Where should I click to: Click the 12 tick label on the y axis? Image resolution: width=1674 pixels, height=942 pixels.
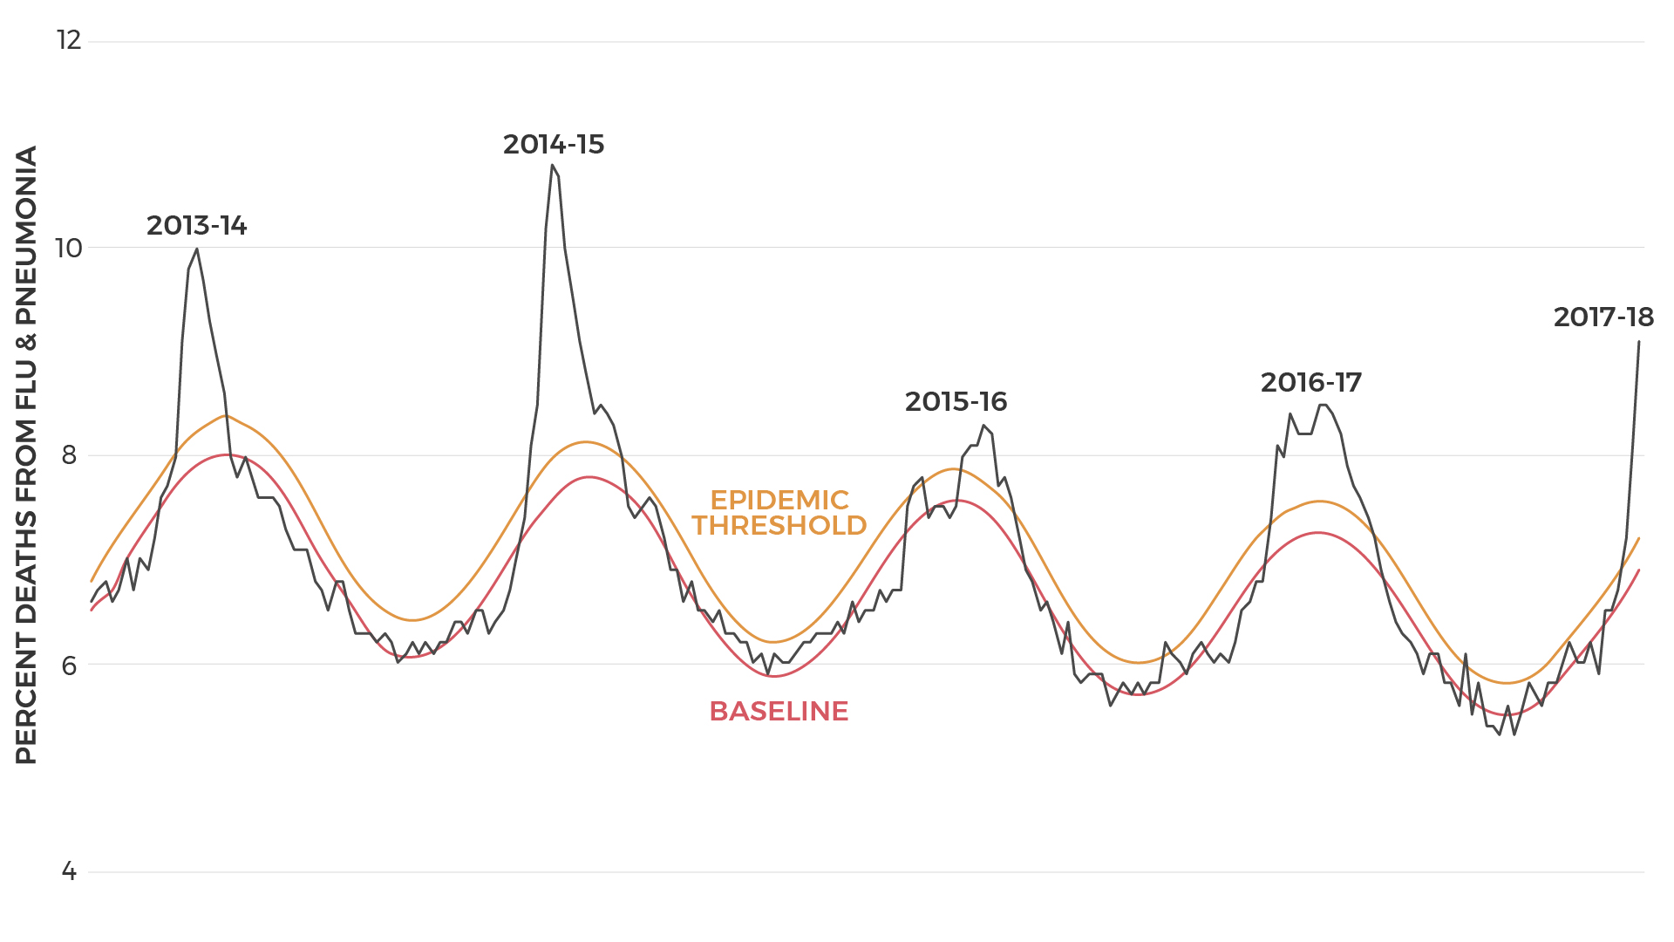tap(69, 40)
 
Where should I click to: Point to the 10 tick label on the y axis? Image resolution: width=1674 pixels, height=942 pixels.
tap(69, 248)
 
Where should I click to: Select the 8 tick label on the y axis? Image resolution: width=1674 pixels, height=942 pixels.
tap(69, 455)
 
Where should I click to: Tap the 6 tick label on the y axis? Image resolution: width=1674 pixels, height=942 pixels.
tap(69, 665)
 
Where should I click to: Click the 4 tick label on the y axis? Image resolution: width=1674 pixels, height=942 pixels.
tap(69, 871)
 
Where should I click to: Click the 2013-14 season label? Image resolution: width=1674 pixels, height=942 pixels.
tap(196, 226)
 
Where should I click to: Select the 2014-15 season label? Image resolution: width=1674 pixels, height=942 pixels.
tap(554, 145)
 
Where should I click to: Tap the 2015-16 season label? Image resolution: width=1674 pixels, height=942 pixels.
tap(956, 402)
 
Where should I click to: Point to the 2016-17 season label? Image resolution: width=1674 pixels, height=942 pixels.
tap(1310, 383)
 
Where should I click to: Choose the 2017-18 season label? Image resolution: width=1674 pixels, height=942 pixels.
tap(1603, 317)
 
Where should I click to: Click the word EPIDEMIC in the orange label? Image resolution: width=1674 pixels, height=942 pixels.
tap(779, 500)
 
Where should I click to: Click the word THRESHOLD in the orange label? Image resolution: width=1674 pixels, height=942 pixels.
tap(779, 526)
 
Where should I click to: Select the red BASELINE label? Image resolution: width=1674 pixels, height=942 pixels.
tap(779, 712)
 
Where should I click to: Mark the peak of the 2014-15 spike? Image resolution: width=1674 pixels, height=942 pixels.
tap(552, 165)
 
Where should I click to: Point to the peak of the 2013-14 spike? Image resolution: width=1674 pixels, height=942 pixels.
tap(196, 249)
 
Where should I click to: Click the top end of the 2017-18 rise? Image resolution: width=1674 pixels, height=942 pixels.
tap(1638, 342)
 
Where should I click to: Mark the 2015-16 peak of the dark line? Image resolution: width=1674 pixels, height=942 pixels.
tap(983, 426)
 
